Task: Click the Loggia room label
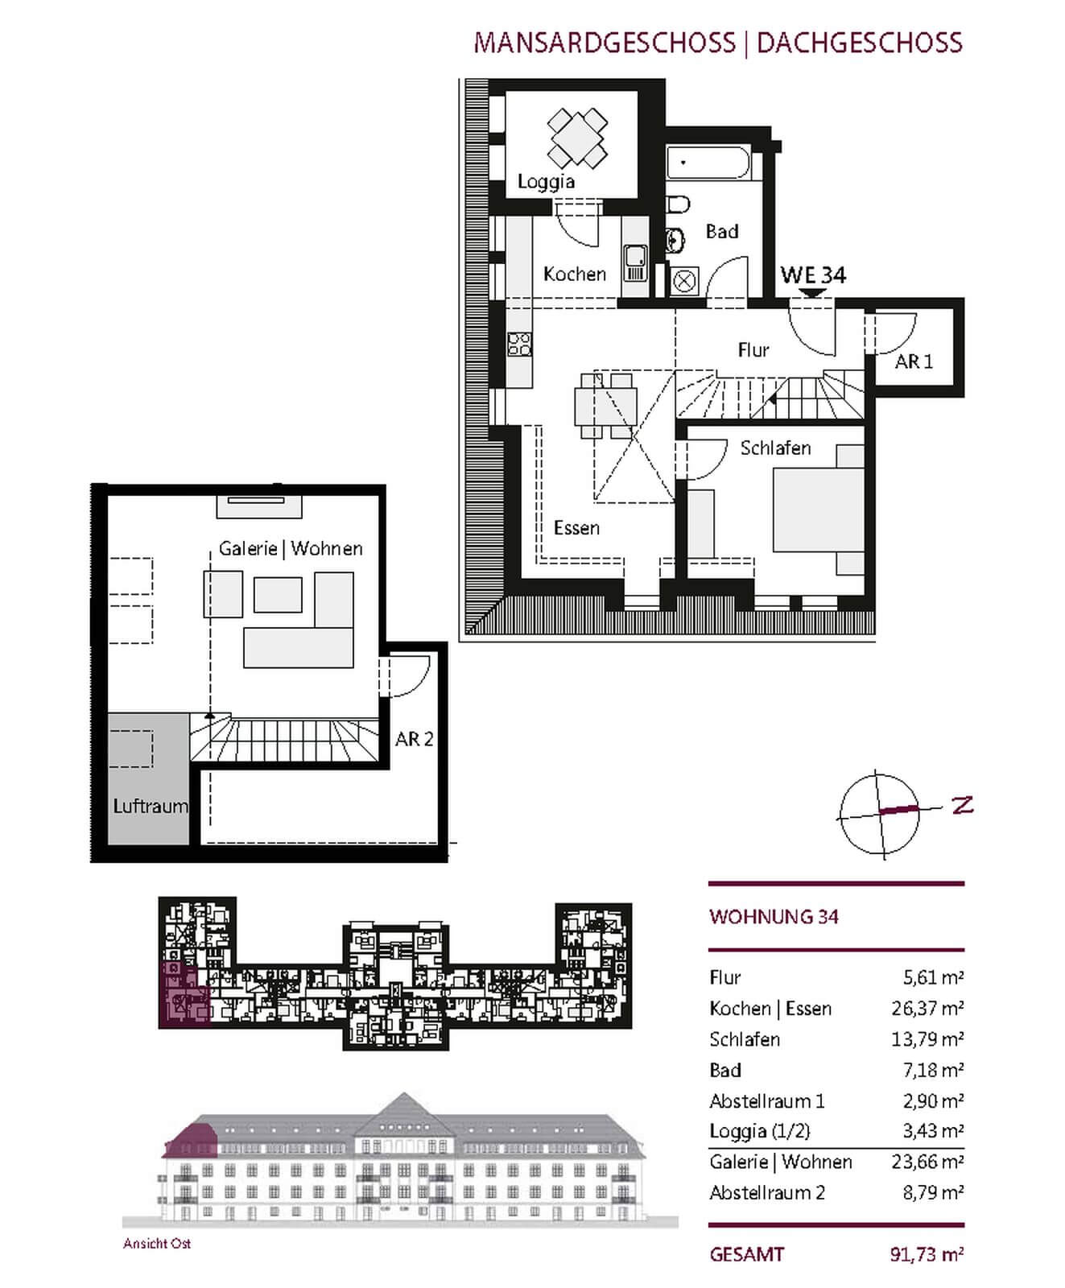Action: pos(546,182)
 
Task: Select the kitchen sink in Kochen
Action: pos(635,262)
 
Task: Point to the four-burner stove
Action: pos(518,344)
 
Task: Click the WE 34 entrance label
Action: pos(813,275)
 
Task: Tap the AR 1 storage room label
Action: pos(914,361)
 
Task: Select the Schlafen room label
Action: pos(775,448)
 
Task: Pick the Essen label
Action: pos(576,528)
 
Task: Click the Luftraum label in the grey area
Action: pos(151,806)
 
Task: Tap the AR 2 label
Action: pos(414,738)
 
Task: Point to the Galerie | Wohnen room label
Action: pos(291,549)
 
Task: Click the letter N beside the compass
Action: pos(963,804)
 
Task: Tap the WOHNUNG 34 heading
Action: pos(774,917)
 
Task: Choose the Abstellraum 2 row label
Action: pos(767,1192)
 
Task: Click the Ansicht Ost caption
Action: pos(157,1244)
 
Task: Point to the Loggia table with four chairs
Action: pos(577,138)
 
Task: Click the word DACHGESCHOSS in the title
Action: pos(860,42)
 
